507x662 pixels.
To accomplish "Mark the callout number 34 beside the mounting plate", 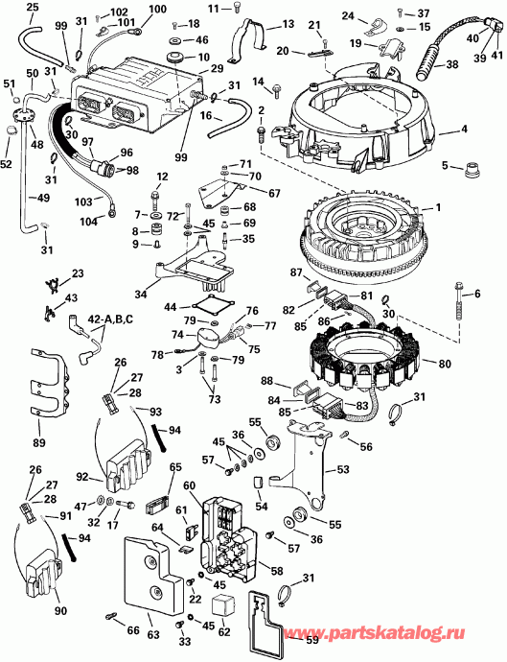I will tap(142, 292).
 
